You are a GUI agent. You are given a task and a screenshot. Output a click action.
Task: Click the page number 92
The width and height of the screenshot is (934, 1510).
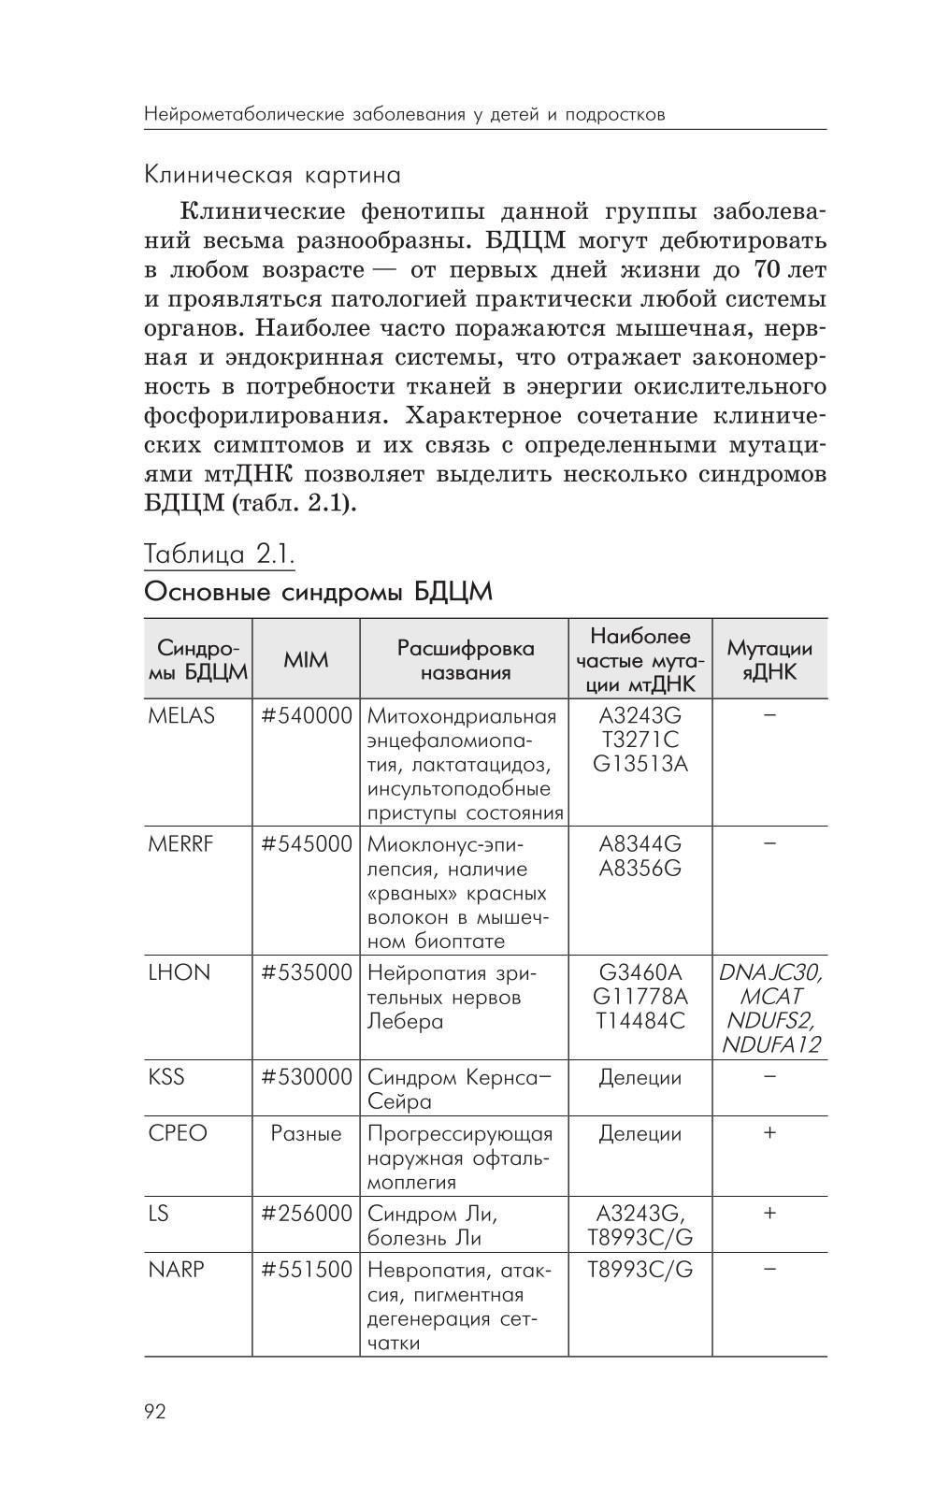point(155,1411)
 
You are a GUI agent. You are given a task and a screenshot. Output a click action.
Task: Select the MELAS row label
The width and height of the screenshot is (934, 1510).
point(181,715)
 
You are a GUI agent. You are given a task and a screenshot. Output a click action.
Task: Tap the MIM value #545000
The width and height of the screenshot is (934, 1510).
point(306,843)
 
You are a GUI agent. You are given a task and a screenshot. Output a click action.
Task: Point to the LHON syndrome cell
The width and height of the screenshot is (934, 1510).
point(180,971)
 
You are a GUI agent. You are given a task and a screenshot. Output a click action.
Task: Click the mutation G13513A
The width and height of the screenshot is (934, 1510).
point(639,764)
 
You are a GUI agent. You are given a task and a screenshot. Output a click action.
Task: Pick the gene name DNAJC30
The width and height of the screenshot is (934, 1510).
point(769,972)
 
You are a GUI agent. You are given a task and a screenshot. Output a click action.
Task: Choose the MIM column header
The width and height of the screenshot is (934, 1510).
point(306,659)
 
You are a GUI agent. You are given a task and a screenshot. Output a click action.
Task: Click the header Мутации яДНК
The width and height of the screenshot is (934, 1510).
point(769,659)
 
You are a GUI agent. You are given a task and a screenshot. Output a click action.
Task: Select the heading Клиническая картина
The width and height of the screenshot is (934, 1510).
point(272,175)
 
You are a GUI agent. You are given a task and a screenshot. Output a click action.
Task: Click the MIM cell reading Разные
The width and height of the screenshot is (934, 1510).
point(306,1133)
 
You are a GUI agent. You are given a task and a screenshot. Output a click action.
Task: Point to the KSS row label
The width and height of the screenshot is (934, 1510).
point(166,1076)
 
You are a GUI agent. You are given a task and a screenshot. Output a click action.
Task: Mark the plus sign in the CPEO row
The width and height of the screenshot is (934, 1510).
point(769,1132)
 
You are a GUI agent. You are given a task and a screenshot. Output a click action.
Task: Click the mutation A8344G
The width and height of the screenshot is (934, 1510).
point(639,843)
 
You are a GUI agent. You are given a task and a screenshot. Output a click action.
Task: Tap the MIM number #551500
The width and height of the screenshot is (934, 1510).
point(306,1269)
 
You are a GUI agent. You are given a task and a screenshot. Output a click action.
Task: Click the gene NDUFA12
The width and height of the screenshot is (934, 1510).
point(769,1044)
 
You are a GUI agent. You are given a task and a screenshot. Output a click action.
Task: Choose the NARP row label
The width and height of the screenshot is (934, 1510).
point(176,1269)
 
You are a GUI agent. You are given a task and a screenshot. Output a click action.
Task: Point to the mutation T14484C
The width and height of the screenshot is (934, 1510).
point(639,1020)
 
